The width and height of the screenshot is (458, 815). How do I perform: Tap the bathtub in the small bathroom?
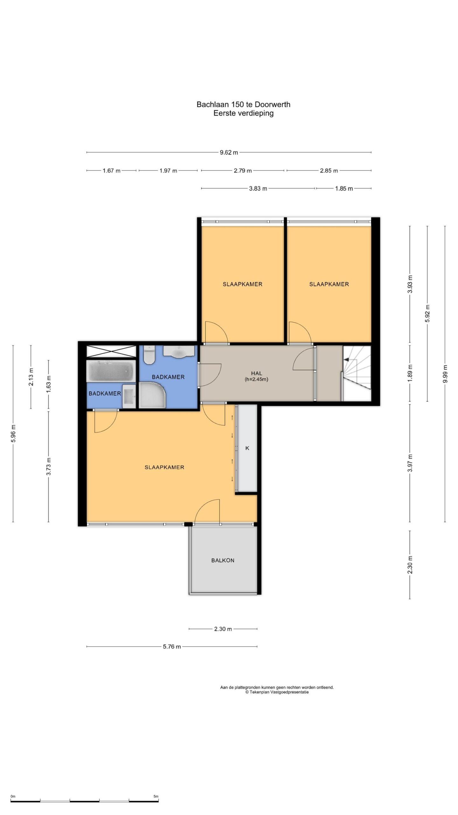[x=111, y=371]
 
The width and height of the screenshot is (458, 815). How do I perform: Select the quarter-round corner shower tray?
[x=152, y=395]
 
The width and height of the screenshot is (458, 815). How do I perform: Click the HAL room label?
[x=256, y=373]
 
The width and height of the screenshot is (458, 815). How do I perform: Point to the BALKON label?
[x=223, y=560]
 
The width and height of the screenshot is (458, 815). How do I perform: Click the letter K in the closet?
[x=247, y=448]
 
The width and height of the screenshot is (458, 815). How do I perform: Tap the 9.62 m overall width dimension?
[x=229, y=152]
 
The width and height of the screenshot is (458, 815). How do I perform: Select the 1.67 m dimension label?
[x=111, y=171]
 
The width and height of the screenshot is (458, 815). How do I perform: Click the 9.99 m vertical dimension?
[x=445, y=374]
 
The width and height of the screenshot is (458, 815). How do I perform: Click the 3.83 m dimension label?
[x=258, y=188]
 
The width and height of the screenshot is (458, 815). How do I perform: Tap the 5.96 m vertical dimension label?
[x=13, y=433]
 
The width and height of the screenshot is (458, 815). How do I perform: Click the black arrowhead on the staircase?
[x=347, y=359]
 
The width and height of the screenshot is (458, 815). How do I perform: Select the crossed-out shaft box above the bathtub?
[x=111, y=351]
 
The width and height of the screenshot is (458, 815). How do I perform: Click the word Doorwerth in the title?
[x=272, y=104]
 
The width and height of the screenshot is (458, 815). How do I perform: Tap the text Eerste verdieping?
[x=243, y=113]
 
